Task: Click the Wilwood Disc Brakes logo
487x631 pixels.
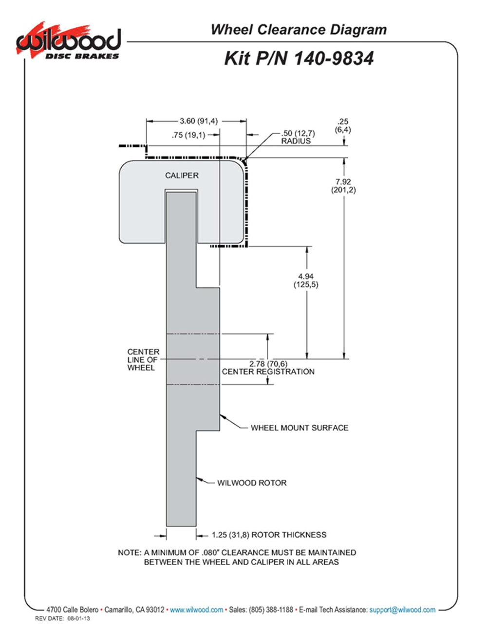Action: [68, 42]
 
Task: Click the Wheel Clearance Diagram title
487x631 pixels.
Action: [299, 30]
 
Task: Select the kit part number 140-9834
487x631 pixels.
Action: [333, 59]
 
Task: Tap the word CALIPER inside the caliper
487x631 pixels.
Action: [182, 176]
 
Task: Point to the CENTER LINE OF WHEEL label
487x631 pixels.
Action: [143, 359]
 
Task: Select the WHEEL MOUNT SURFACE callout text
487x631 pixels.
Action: [300, 428]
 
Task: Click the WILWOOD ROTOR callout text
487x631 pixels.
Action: [252, 483]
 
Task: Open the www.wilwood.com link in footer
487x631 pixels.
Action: [197, 610]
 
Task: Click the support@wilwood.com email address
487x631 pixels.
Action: [402, 610]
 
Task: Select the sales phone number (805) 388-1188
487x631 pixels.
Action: [271, 610]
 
